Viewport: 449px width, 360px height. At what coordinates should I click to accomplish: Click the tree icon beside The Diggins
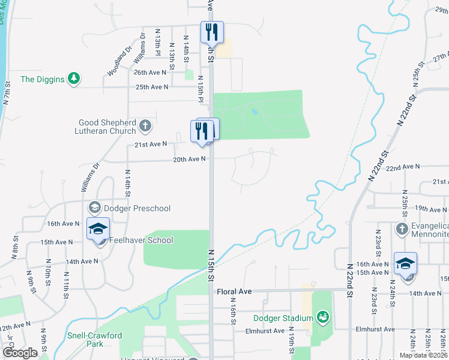click(x=73, y=79)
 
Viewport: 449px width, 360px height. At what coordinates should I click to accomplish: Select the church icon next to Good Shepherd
click(x=145, y=126)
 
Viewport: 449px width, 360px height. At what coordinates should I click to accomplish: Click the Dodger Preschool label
click(x=137, y=208)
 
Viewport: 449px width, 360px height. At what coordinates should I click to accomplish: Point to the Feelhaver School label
click(x=141, y=241)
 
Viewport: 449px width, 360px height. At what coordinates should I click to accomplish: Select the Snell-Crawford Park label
click(x=93, y=340)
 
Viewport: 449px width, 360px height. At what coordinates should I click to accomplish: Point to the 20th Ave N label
click(x=189, y=159)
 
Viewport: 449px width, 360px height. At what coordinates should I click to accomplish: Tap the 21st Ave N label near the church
click(x=150, y=144)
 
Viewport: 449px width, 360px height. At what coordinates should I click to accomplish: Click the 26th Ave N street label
click(x=149, y=72)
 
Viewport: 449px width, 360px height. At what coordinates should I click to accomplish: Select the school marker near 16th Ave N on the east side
click(x=405, y=263)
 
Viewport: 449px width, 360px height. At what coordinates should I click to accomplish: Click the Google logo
click(x=19, y=352)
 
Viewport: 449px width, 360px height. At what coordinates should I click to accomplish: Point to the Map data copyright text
click(x=423, y=355)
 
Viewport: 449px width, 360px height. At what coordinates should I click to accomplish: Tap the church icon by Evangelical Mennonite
click(x=402, y=229)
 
